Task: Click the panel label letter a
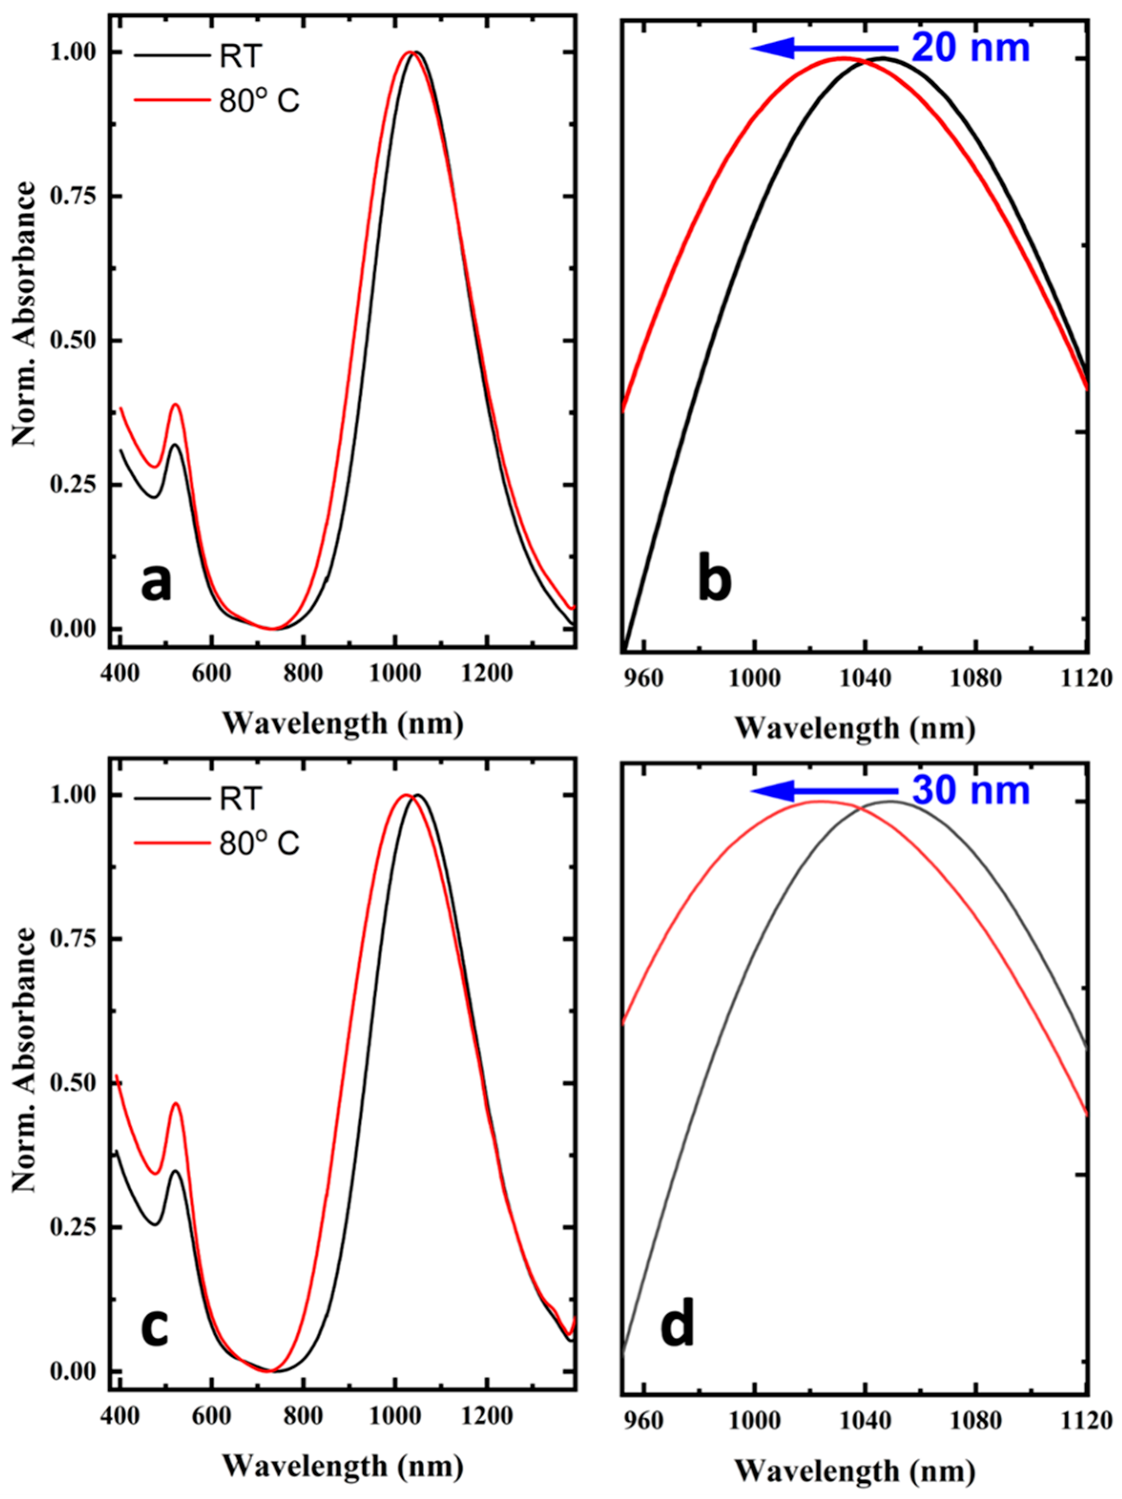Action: pyautogui.click(x=156, y=582)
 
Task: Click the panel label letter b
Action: pyautogui.click(x=714, y=582)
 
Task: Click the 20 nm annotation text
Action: pyautogui.click(x=970, y=49)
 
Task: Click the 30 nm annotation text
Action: pyautogui.click(x=970, y=790)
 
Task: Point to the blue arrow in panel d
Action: pyautogui.click(x=823, y=790)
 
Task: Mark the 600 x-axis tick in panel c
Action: pyautogui.click(x=211, y=1417)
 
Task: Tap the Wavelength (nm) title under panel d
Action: pyautogui.click(x=855, y=1470)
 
